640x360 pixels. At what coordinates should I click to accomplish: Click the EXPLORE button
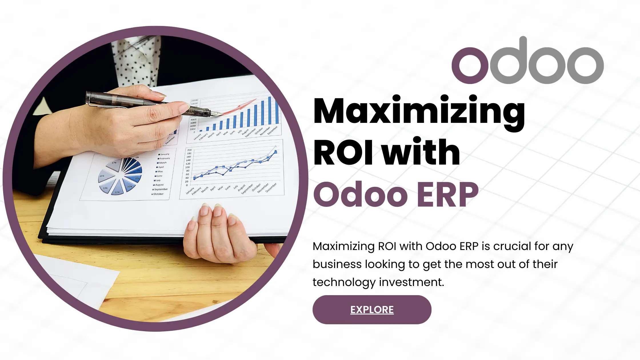point(372,310)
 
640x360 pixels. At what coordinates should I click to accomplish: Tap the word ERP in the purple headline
point(447,195)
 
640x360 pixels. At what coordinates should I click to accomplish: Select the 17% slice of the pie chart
point(114,165)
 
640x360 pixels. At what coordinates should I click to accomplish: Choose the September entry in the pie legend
point(160,189)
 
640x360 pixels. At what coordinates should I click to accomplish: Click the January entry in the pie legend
point(164,154)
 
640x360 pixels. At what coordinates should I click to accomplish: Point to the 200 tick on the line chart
point(189,150)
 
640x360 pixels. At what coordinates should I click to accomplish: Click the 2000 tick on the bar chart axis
point(193,129)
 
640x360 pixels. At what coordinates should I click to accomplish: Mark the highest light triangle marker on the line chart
point(276,146)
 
